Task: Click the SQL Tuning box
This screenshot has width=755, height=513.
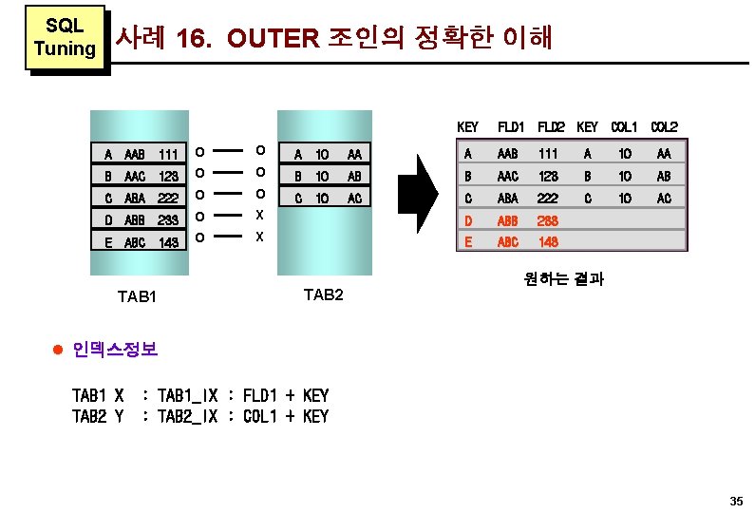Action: click(x=64, y=37)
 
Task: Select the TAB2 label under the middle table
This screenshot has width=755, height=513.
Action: click(x=323, y=295)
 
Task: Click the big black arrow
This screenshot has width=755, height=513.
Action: click(x=418, y=197)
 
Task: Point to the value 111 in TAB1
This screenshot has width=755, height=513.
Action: click(x=169, y=154)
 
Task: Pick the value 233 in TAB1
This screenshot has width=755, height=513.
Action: click(x=169, y=220)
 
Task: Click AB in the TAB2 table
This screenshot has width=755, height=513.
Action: click(x=354, y=176)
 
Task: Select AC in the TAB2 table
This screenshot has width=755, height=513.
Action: click(x=354, y=199)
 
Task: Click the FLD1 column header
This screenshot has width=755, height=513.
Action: click(x=511, y=127)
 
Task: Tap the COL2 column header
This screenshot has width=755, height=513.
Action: click(x=663, y=127)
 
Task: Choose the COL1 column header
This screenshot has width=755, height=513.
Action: click(x=624, y=127)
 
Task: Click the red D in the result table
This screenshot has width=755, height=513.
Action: click(x=467, y=220)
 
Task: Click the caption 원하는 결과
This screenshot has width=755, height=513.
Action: click(x=564, y=279)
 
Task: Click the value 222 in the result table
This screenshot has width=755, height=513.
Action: click(x=549, y=199)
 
